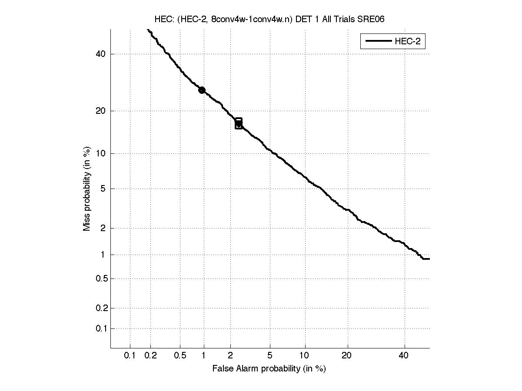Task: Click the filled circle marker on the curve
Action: click(202, 90)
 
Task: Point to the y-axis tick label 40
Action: click(101, 54)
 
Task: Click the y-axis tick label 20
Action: click(101, 111)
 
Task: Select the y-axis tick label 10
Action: click(101, 153)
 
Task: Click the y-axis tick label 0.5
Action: click(100, 278)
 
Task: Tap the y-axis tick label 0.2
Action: click(100, 308)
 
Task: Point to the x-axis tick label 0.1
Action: click(130, 356)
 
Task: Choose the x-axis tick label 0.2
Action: click(151, 356)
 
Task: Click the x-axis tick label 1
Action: click(204, 356)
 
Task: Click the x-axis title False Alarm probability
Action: click(269, 369)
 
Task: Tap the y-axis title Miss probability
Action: click(87, 188)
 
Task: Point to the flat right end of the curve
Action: click(426, 259)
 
